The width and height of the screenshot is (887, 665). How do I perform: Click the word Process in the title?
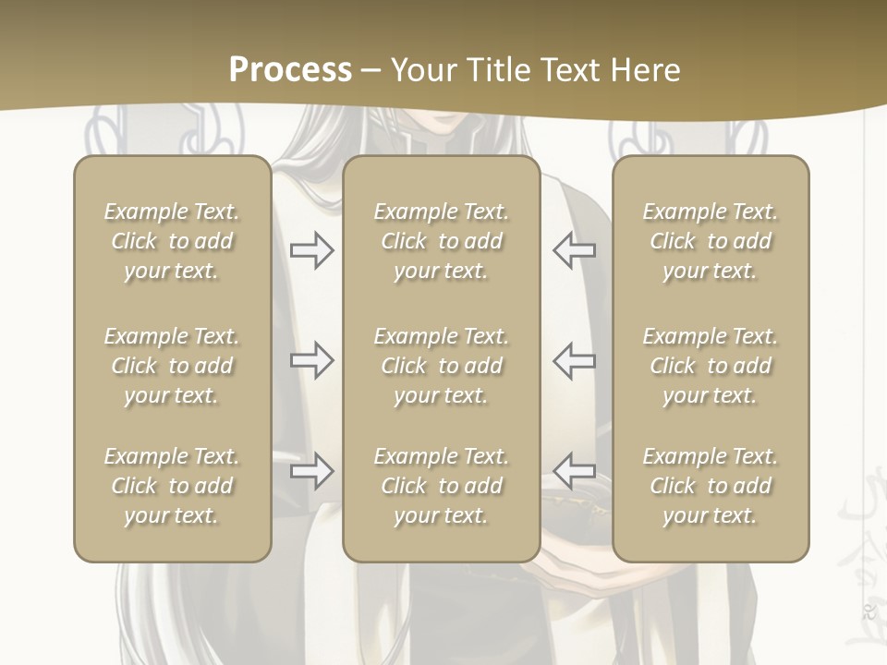290,70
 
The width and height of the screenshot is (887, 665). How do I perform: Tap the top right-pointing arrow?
311,250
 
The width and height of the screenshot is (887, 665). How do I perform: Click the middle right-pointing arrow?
311,360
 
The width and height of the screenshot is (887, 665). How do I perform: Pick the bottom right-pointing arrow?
311,471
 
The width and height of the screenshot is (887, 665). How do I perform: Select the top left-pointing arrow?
574,250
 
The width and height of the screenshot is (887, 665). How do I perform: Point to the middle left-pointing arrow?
574,360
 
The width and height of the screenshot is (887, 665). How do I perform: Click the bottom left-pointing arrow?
574,471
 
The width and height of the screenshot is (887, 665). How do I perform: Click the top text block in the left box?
172,241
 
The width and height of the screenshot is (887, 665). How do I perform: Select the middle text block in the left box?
172,366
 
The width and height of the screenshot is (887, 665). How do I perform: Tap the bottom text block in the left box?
172,486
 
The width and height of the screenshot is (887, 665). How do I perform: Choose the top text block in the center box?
441,241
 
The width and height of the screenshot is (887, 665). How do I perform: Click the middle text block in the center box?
441,366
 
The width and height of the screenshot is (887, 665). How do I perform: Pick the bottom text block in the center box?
441,486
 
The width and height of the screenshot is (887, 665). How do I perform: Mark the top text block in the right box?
710,241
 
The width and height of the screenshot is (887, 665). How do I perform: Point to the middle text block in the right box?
710,366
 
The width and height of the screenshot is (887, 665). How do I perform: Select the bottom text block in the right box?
710,486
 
